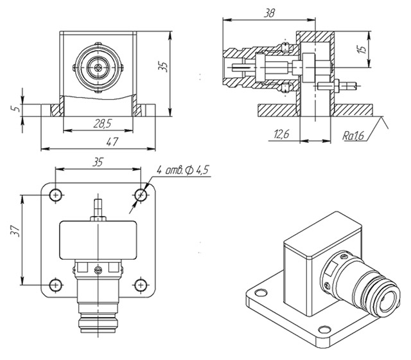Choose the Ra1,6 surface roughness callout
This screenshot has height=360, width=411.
pyautogui.click(x=352, y=136)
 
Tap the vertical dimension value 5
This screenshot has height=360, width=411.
pyautogui.click(x=14, y=109)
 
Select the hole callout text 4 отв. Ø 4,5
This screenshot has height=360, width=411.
pyautogui.click(x=183, y=170)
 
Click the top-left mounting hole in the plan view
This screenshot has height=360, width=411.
pyautogui.click(x=56, y=194)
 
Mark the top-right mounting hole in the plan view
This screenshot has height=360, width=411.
pyautogui.click(x=140, y=194)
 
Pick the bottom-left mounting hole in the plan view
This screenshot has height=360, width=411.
pyautogui.click(x=56, y=283)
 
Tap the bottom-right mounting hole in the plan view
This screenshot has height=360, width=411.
pyautogui.click(x=140, y=283)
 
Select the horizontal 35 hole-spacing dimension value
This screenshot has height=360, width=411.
pyautogui.click(x=97, y=161)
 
